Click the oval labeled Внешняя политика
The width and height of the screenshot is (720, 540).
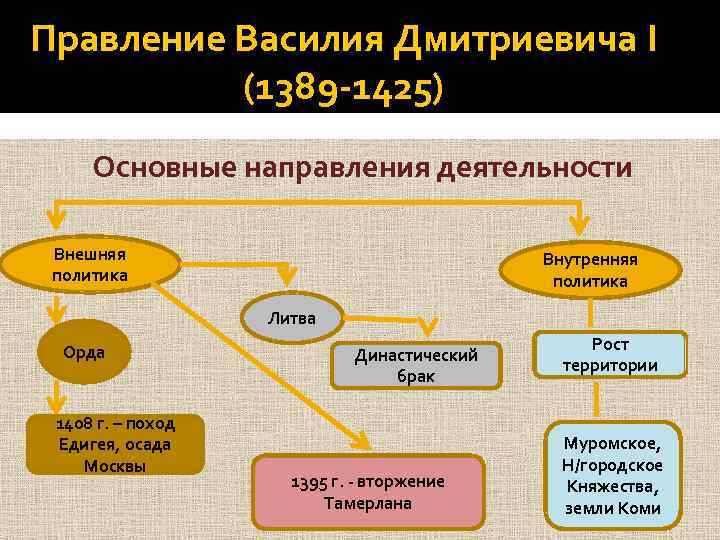coord(90,263)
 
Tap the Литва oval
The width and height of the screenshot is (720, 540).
coord(292,318)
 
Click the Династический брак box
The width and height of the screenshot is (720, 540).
coord(416,366)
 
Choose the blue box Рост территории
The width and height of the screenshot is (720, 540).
coord(610,354)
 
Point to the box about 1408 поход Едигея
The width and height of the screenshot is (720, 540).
coord(114,444)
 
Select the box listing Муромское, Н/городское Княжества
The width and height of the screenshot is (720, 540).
coord(612,474)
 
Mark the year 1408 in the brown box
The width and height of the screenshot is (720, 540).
coord(50,423)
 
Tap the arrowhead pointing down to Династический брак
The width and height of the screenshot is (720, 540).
coord(431,328)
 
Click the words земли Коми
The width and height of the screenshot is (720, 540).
coord(612,508)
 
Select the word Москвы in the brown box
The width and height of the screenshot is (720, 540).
coord(114,465)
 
